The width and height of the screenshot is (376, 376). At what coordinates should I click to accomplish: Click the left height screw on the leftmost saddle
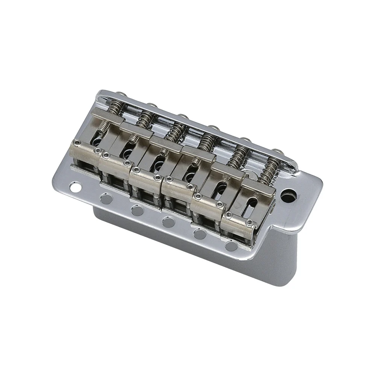click(77, 142)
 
